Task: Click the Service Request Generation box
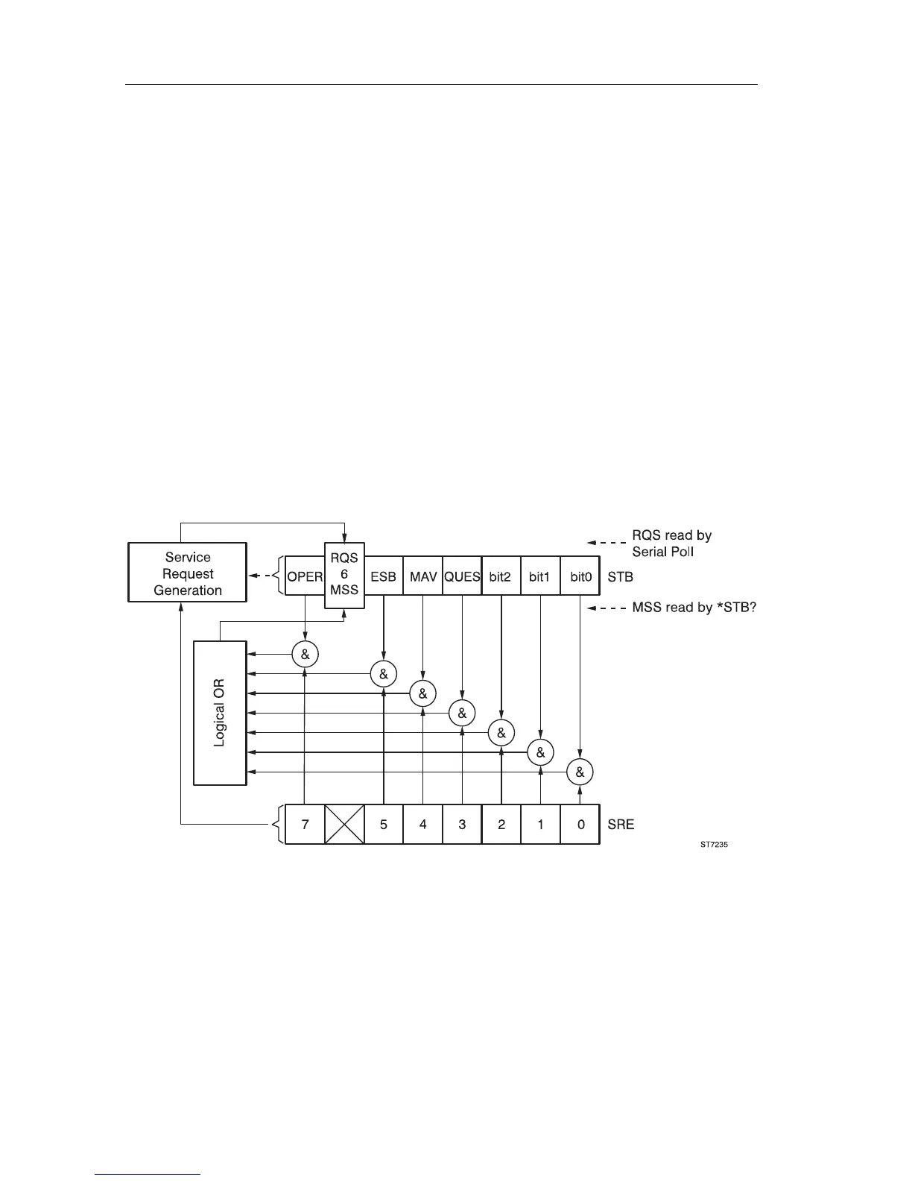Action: coord(187,573)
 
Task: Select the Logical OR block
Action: coord(219,713)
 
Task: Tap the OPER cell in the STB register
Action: coord(305,576)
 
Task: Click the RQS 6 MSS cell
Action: coord(344,575)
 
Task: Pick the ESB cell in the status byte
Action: coord(383,576)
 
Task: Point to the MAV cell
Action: coord(423,576)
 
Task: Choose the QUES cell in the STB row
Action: coord(462,576)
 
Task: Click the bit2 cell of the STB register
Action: coord(501,576)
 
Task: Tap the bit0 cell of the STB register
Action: coord(580,576)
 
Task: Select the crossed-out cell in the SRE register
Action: coord(344,824)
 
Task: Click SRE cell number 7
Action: coord(305,824)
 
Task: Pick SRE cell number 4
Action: coord(423,824)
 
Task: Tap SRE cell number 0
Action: coord(580,824)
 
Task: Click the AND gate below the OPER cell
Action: coord(305,655)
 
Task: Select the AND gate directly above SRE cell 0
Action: coord(580,772)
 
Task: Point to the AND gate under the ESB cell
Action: coord(383,674)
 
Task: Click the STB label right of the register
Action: coord(620,576)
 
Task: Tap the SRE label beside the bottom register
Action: coord(621,824)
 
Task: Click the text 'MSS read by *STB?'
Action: coord(694,608)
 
